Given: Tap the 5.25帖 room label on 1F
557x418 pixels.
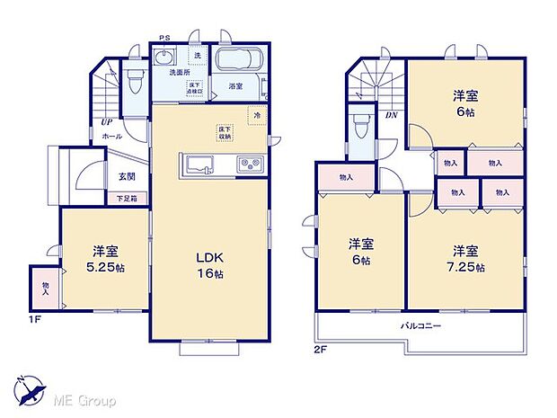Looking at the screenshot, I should (x=104, y=260).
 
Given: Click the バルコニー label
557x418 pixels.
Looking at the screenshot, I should (x=420, y=326).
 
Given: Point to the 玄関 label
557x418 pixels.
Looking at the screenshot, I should (x=127, y=177).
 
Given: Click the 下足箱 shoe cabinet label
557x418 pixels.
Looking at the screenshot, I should (x=127, y=197).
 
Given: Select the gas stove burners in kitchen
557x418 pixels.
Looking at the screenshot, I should (x=249, y=165).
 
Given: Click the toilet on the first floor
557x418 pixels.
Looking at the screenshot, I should (x=135, y=82).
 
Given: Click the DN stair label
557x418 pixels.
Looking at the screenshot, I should (x=392, y=115).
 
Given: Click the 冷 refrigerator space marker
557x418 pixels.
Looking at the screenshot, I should (x=257, y=115).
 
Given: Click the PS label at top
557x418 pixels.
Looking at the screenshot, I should (x=164, y=38).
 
